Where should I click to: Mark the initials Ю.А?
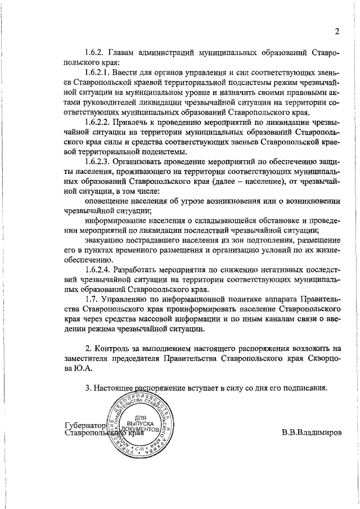click(x=83, y=368)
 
